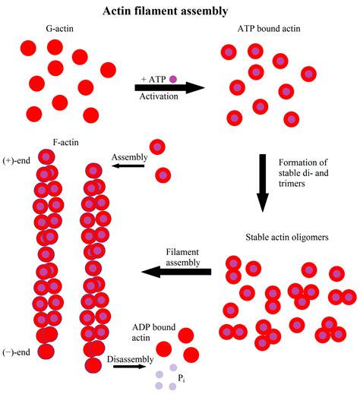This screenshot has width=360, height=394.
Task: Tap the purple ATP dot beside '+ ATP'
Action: point(172,78)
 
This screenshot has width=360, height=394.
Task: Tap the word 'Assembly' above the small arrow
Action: point(129,157)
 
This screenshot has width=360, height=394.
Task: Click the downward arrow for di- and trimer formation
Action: point(263,181)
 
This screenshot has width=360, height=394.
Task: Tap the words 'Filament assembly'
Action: point(183,257)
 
